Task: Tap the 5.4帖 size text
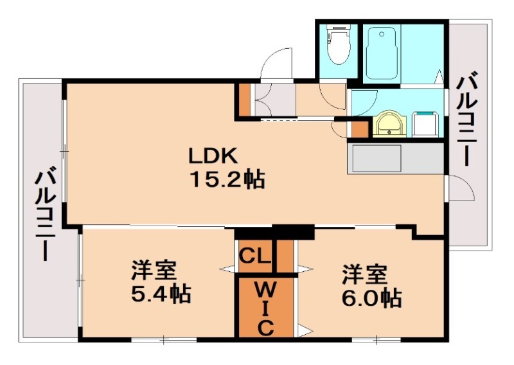[x=160, y=295]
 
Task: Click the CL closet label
[x=255, y=256]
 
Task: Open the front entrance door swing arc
[x=277, y=64]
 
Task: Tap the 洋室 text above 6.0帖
[x=365, y=274]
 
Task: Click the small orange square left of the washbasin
[x=359, y=129]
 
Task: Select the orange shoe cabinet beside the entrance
[x=245, y=100]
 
